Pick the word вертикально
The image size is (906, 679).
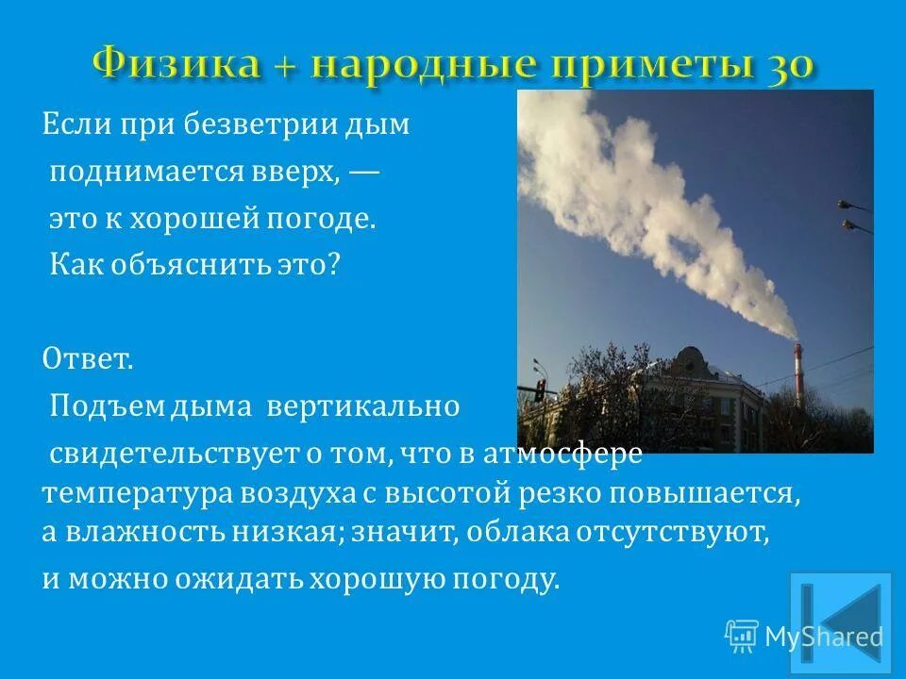coord(362,406)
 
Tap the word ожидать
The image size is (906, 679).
coord(231,578)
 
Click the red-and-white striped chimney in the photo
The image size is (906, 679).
coord(797,373)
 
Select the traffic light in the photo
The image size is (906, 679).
coord(539,390)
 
